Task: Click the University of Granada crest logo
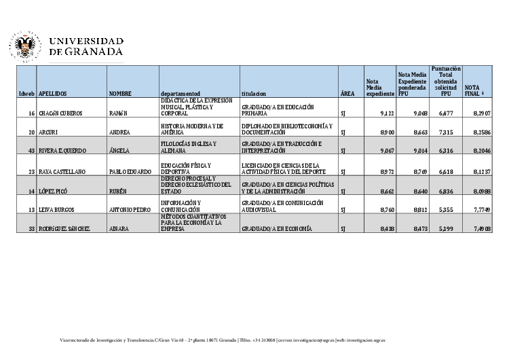tap(25, 46)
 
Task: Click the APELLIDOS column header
tap(52, 93)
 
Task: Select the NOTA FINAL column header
tap(472, 90)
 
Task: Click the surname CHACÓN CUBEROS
tap(60, 113)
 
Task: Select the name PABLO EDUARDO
tap(130, 172)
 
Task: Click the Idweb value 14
tap(31, 192)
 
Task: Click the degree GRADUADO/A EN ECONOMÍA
tap(276, 229)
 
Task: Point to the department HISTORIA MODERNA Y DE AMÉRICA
tap(192, 130)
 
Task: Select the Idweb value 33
tap(31, 229)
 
